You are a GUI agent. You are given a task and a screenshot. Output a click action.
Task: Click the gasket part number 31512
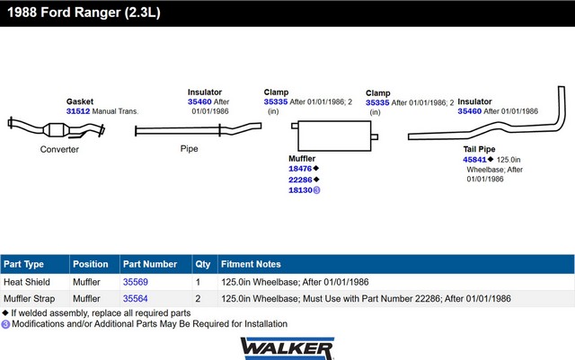79,111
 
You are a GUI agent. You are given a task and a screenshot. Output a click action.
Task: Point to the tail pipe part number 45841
474,159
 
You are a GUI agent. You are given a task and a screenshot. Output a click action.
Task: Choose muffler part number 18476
300,169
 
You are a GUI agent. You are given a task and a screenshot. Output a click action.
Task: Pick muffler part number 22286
300,180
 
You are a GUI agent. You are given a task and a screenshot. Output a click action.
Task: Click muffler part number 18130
300,190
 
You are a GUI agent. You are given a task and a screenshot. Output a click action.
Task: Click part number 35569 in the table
136,282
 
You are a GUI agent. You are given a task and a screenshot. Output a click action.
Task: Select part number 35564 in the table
136,298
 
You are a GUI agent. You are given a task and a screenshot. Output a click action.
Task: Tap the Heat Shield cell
26,282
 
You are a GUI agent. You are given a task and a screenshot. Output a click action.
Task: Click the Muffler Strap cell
30,298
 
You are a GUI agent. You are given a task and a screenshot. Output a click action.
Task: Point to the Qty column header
202,264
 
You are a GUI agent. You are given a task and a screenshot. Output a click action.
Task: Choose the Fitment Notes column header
251,264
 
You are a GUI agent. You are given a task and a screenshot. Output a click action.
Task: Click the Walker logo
287,347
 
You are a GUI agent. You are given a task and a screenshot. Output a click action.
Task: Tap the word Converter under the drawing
59,149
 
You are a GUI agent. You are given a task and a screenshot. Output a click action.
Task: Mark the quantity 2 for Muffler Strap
198,298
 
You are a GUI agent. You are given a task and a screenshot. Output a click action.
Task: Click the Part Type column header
24,264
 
